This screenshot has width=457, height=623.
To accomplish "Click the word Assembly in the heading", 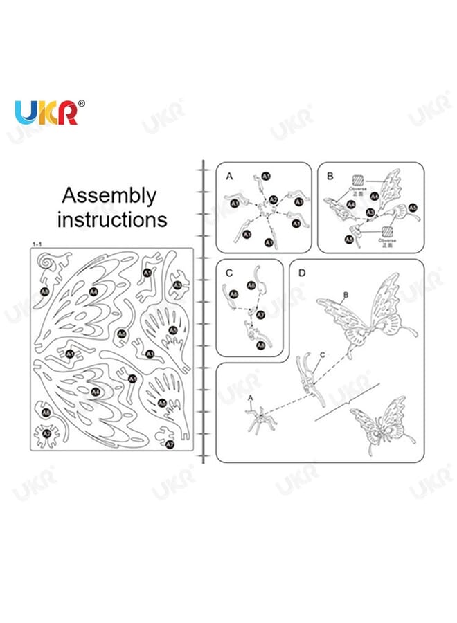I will (x=109, y=196).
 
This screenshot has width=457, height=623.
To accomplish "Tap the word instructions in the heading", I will (x=112, y=220).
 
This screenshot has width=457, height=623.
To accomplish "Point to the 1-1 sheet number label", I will (x=38, y=244).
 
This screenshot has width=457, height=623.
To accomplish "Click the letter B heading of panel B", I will (x=330, y=177).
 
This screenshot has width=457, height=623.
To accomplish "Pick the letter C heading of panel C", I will (x=228, y=273).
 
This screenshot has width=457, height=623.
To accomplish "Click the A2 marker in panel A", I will (x=274, y=200).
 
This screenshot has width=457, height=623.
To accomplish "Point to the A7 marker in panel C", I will (x=260, y=315).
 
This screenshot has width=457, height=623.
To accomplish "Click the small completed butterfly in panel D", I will (x=378, y=427).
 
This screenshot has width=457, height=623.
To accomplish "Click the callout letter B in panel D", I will (x=345, y=296).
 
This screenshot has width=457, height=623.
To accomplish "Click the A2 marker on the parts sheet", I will (x=47, y=434).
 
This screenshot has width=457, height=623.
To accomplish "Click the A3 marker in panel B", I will (x=413, y=207).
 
